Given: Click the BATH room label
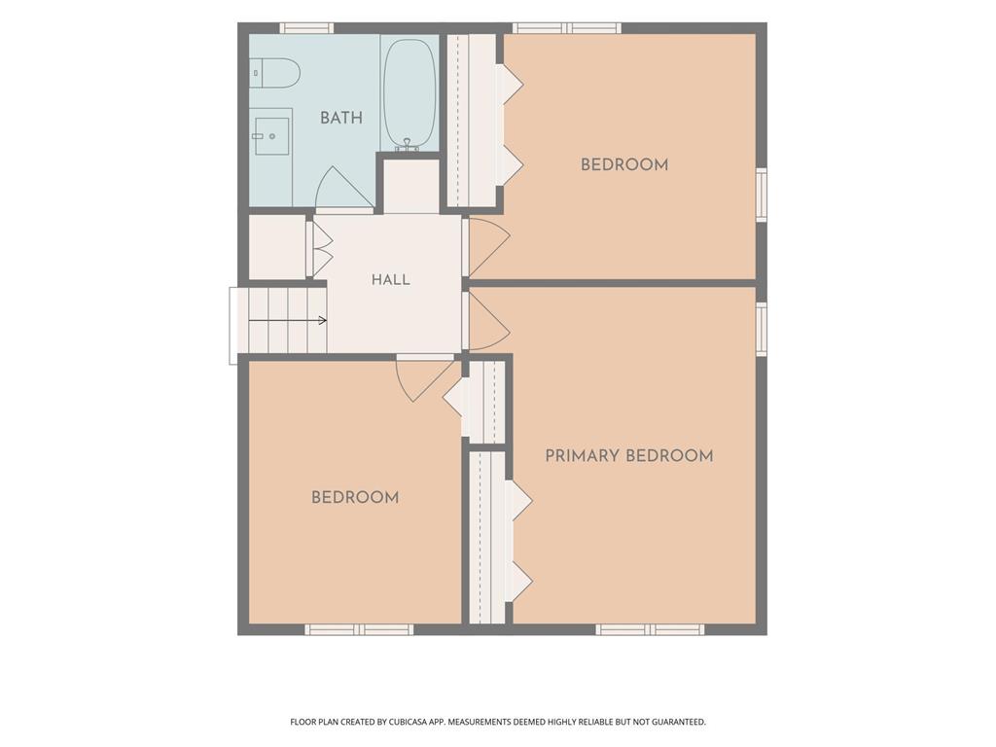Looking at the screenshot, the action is tap(341, 118).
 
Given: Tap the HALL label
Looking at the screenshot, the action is tap(391, 279).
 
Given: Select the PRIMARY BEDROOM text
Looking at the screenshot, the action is tap(629, 455).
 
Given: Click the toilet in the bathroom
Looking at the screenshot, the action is tap(273, 73).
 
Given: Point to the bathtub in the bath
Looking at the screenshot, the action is tap(409, 92).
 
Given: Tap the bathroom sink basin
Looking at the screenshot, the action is tap(271, 136).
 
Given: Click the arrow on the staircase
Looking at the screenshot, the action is tap(288, 321).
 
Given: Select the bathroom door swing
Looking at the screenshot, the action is tap(343, 188).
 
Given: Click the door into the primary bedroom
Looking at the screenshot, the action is tap(487, 321).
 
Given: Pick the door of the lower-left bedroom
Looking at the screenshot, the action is tap(424, 379).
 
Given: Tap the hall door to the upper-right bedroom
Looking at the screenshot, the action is tap(487, 248).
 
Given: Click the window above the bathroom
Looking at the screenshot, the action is tap(306, 28).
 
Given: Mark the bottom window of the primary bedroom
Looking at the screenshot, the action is tap(650, 629).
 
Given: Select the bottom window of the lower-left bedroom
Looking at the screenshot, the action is tap(359, 629).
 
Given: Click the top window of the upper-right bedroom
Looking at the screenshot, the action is tap(567, 28).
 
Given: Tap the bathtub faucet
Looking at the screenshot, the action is tap(408, 146).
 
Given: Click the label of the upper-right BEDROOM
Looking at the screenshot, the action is tap(624, 165).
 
